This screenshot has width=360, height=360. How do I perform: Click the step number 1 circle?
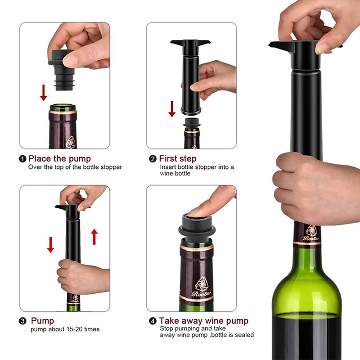point(22,159)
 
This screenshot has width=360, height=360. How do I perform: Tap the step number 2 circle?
point(153,159)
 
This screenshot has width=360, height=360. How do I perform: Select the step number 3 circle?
point(22,321)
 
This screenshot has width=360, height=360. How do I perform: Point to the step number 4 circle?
point(153,321)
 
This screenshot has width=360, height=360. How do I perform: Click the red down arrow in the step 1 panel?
point(43,93)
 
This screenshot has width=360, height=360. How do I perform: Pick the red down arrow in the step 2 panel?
point(172,109)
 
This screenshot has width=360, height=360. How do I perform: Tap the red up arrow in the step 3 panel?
point(94,237)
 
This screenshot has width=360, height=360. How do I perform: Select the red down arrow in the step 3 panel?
point(50,245)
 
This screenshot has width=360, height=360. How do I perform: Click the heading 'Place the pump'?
point(60,159)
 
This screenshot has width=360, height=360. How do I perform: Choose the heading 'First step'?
point(178,159)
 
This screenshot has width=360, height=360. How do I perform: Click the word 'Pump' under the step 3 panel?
point(42,321)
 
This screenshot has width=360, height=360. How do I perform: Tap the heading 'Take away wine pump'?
point(204,321)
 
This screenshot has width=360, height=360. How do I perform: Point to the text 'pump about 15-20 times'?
point(65,329)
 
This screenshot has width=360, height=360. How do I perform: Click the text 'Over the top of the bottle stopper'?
point(75,167)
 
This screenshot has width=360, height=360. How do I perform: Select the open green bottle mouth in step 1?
point(63,108)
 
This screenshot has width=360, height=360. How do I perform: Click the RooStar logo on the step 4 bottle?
point(202,287)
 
